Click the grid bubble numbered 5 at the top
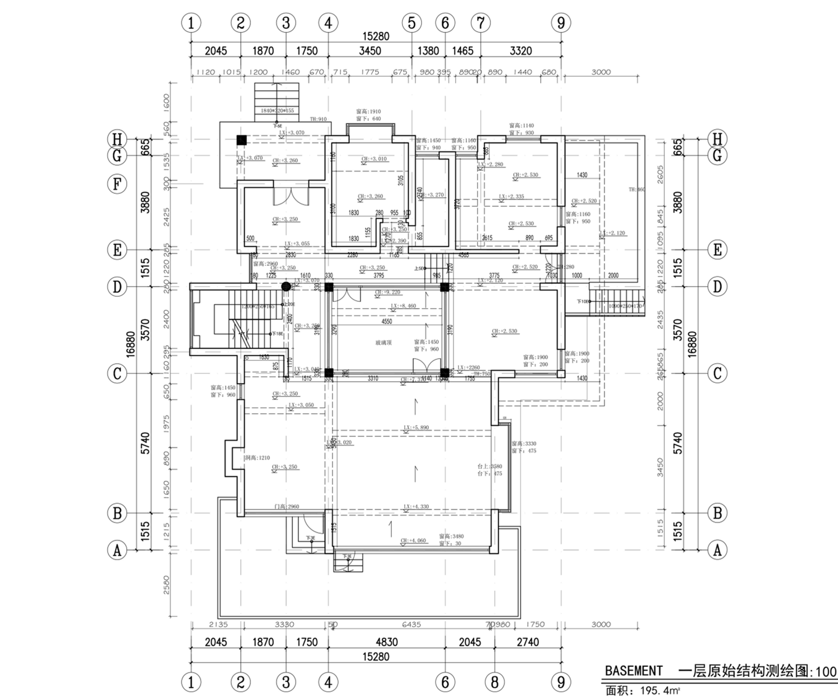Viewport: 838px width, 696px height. (x=411, y=23)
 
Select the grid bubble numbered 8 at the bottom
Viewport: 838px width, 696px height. (x=494, y=682)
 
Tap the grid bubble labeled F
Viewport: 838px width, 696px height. (x=117, y=184)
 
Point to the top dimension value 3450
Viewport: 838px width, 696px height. (x=369, y=51)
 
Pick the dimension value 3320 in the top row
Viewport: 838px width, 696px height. (x=520, y=51)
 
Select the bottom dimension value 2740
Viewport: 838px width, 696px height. (x=527, y=642)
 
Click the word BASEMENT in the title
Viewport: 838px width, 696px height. (x=634, y=671)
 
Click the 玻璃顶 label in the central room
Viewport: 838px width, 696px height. (x=383, y=342)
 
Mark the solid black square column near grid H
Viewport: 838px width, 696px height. (x=241, y=140)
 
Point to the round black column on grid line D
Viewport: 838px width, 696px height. (x=285, y=287)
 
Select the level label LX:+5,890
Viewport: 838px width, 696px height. (x=416, y=427)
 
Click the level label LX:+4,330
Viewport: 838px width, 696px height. (x=416, y=507)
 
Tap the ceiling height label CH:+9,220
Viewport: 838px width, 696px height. (x=387, y=292)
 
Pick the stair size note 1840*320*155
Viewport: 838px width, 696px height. (x=277, y=111)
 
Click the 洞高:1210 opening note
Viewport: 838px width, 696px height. (x=257, y=458)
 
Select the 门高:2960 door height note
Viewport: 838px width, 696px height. (x=287, y=507)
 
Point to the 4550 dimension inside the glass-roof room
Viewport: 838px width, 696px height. (x=387, y=321)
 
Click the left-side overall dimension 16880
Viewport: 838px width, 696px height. (x=131, y=344)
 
